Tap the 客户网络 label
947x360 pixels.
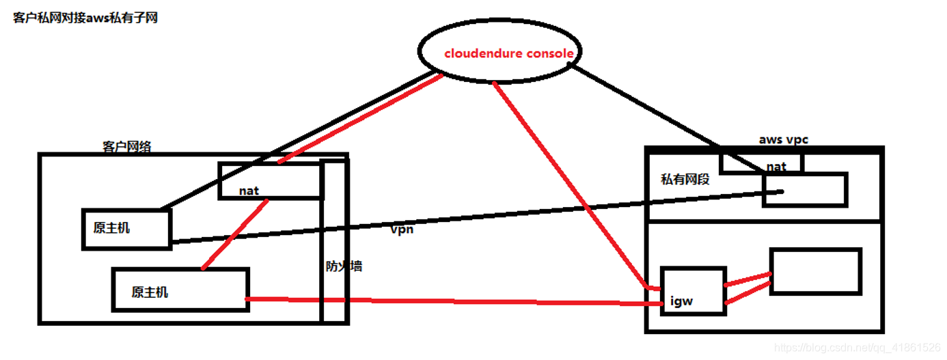[x=127, y=146]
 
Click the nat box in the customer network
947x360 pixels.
[x=269, y=181]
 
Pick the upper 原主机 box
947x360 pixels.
[x=125, y=228]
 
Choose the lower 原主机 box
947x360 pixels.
[x=180, y=290]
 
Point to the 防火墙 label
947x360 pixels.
[x=344, y=266]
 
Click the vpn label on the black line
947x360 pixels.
[x=403, y=230]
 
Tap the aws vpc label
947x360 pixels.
[x=783, y=139]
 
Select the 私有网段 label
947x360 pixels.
[x=685, y=180]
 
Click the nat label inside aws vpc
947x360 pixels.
[x=776, y=166]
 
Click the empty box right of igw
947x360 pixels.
[x=815, y=271]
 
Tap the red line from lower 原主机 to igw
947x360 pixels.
[x=444, y=301]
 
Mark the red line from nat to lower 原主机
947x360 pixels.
[x=236, y=232]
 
